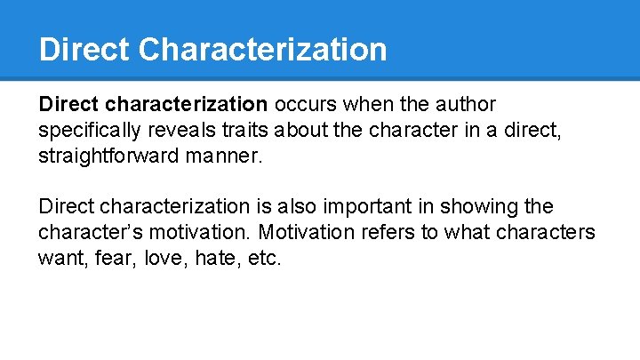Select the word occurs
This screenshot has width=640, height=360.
tap(306, 105)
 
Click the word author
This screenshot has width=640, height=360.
tap(465, 105)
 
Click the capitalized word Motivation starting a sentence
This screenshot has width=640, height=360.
tap(302, 232)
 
